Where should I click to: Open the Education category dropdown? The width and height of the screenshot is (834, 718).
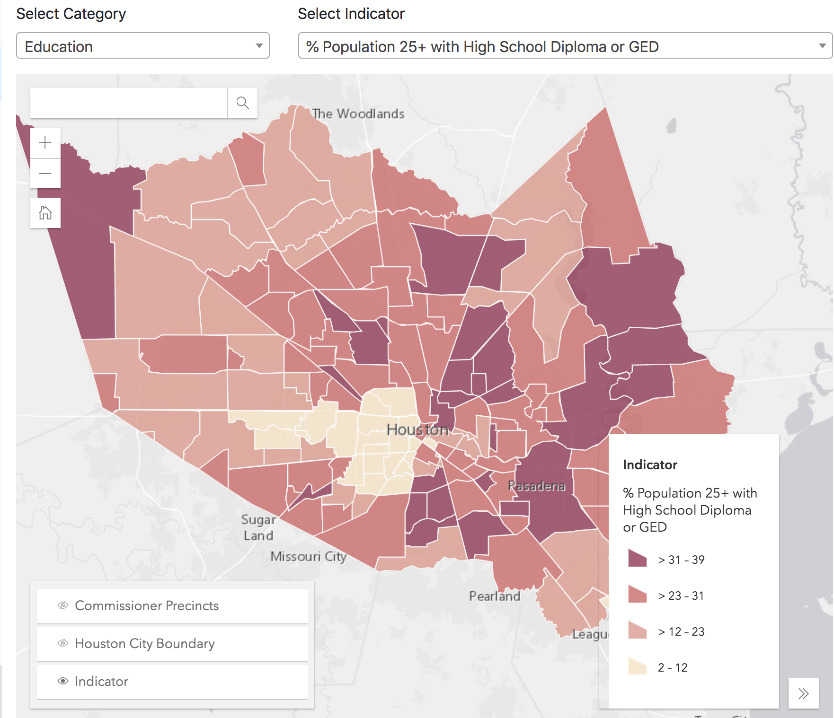tap(142, 46)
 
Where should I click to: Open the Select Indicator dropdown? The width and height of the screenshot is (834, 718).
tap(565, 46)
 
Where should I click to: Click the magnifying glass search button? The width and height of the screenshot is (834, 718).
tap(243, 103)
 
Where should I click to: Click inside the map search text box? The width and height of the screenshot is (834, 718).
tap(129, 103)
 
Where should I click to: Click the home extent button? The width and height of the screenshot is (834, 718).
tap(45, 213)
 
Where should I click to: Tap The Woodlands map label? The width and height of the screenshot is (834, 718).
tap(358, 114)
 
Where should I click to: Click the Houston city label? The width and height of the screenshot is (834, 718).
tap(417, 429)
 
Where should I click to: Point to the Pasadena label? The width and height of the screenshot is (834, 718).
tap(536, 486)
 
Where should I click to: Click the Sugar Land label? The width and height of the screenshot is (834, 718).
tap(258, 527)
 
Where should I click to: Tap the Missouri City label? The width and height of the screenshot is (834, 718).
tap(309, 556)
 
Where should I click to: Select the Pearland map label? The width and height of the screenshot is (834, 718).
tap(495, 596)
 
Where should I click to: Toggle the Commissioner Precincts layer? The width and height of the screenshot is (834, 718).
tap(172, 606)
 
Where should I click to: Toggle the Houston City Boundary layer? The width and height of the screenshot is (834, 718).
tap(172, 644)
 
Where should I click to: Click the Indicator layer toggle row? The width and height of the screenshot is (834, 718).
tap(172, 682)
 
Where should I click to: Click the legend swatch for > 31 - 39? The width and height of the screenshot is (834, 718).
tap(638, 559)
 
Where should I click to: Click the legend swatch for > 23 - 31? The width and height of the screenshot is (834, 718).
tap(638, 595)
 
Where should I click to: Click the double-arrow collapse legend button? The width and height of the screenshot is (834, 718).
tap(803, 693)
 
